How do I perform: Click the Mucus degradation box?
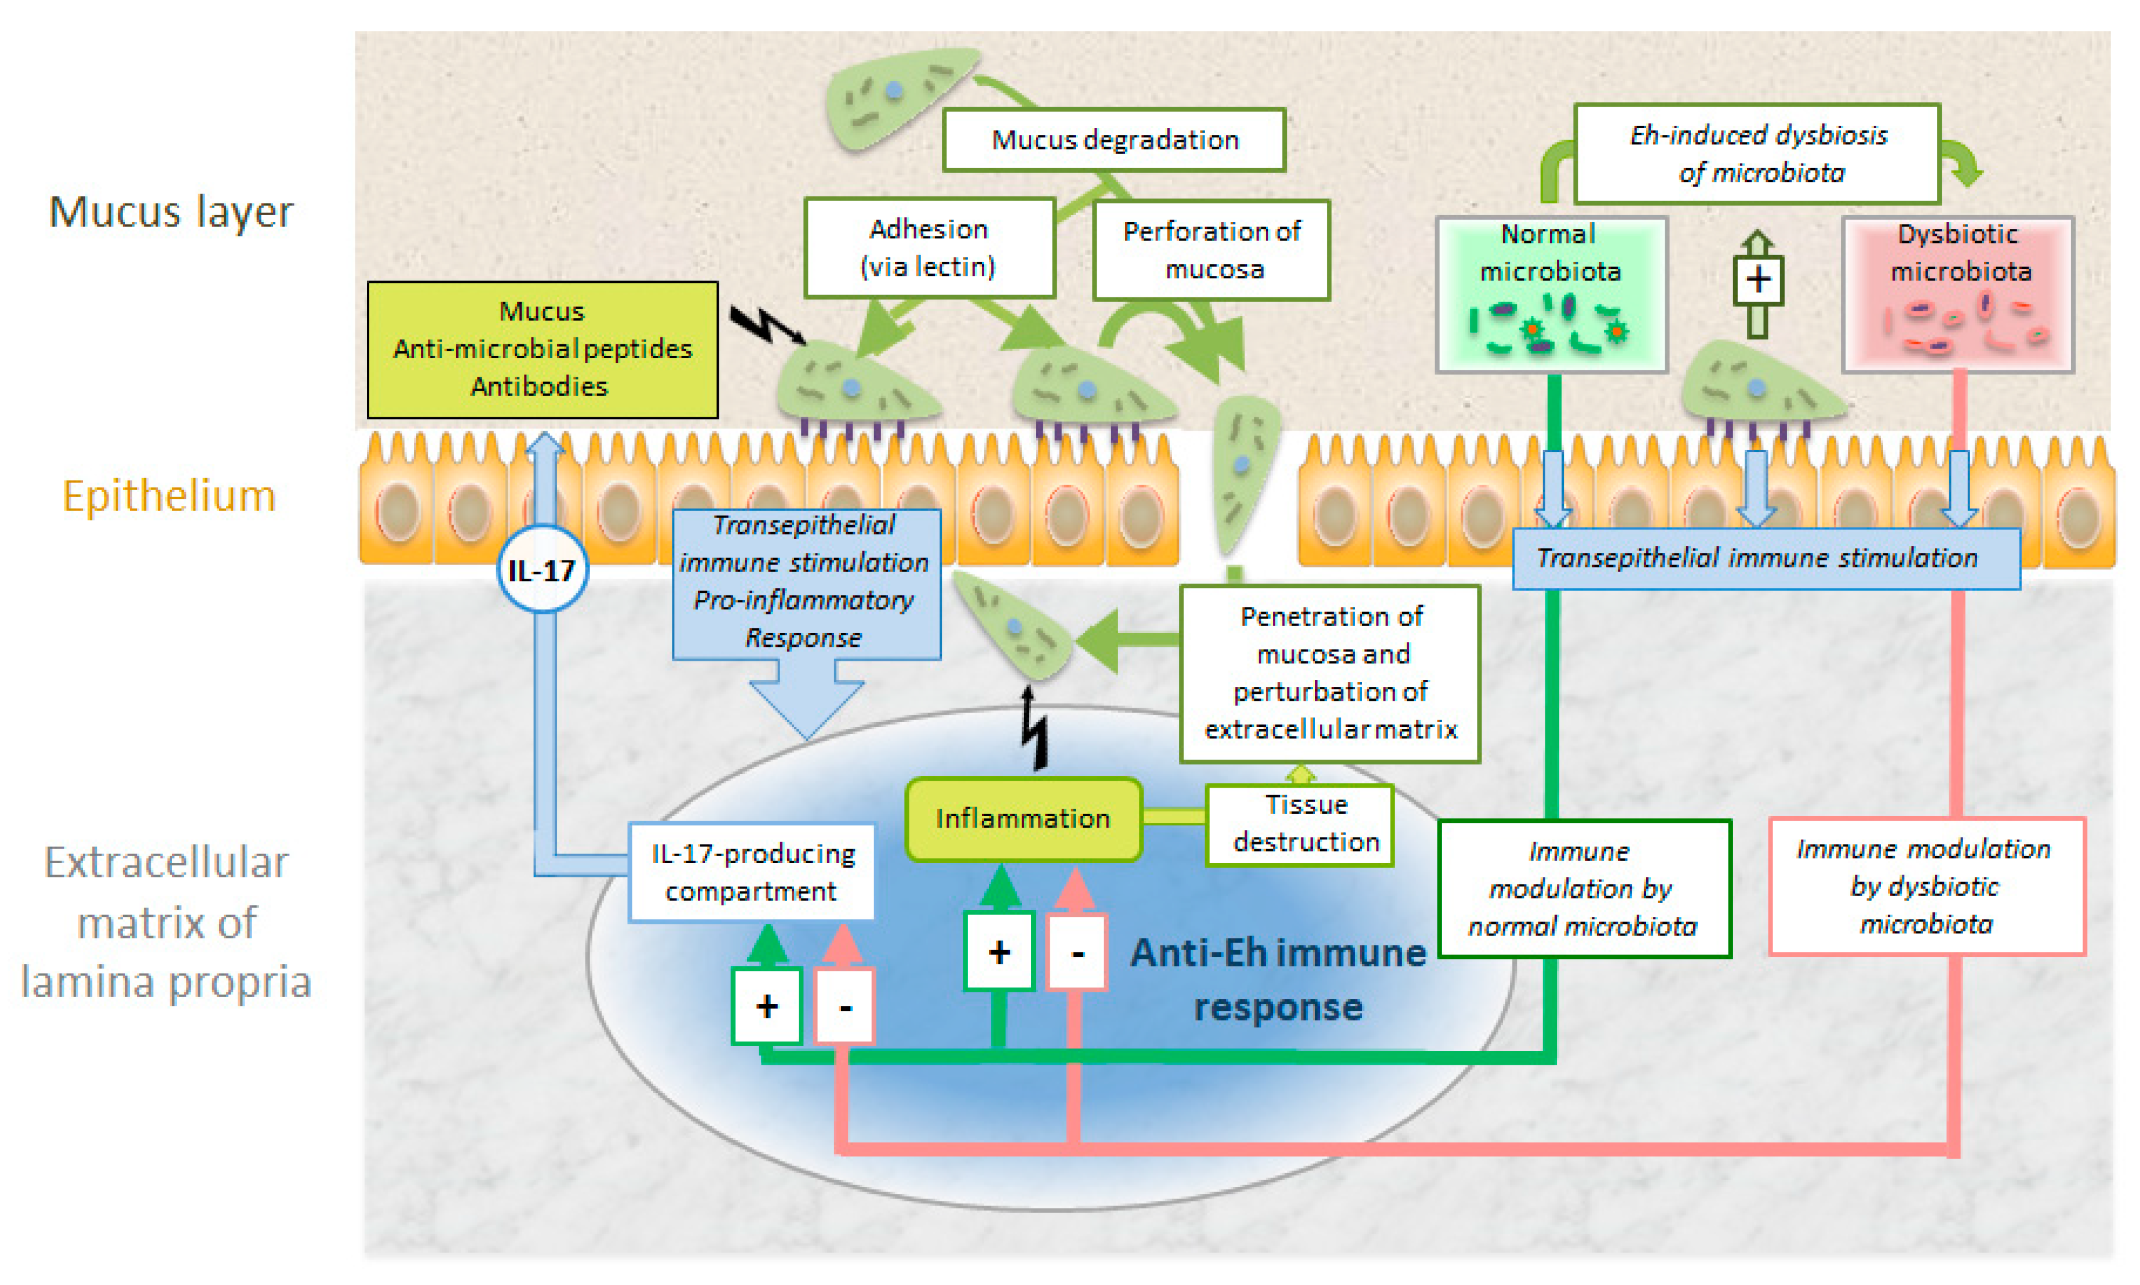pos(1113,140)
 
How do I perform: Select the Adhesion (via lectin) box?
pos(929,247)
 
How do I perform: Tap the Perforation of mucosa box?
pos(1211,250)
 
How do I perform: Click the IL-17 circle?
pos(542,570)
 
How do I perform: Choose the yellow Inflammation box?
pos(1022,818)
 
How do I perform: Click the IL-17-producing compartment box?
pos(751,872)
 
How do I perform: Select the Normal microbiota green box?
pos(1551,294)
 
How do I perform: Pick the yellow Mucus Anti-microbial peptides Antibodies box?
pos(542,349)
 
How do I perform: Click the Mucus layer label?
pos(170,212)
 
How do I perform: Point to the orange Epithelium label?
pos(169,496)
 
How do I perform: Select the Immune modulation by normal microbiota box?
pos(1584,889)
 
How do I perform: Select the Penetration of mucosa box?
pos(1330,673)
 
